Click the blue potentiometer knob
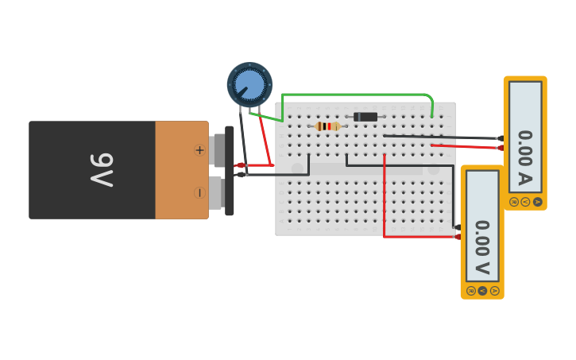point(249,84)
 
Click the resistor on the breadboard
point(327,126)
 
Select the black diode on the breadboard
point(365,117)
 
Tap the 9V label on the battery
point(102,169)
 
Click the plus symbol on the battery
point(199,150)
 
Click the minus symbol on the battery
point(199,193)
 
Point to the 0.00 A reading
point(524,157)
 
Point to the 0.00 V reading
point(481,246)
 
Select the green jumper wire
point(358,95)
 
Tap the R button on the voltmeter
point(471,290)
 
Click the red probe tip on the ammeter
point(500,148)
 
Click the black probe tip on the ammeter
point(500,138)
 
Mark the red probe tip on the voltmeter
point(457,236)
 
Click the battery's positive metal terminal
point(216,150)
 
